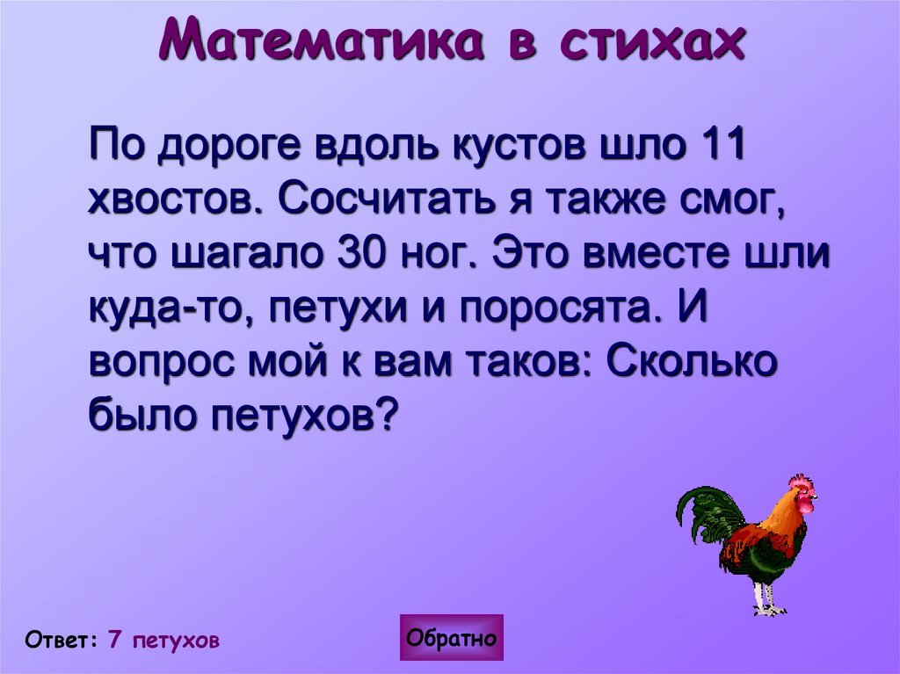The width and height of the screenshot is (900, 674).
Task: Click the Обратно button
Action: (452, 638)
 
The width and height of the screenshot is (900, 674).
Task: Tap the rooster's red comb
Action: (801, 482)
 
